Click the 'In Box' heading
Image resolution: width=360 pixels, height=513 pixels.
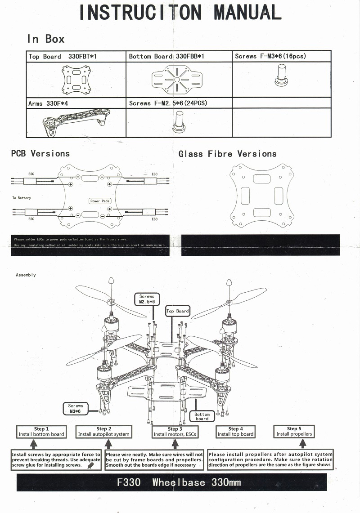click(x=45, y=39)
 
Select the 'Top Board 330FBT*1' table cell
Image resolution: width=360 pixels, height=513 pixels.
click(x=76, y=57)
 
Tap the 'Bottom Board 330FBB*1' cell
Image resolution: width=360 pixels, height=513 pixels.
click(x=179, y=57)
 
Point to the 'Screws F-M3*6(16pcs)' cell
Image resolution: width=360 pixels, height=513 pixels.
click(x=281, y=57)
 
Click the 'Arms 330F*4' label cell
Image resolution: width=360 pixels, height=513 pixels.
click(x=76, y=103)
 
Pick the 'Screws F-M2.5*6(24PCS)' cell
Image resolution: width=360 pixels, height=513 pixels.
click(x=179, y=103)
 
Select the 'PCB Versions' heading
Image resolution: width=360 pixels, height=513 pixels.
click(x=40, y=154)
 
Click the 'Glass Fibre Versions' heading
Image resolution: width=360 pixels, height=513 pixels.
click(x=228, y=154)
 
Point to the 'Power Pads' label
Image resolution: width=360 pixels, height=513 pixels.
click(x=100, y=201)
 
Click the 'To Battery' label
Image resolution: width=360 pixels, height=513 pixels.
click(x=22, y=198)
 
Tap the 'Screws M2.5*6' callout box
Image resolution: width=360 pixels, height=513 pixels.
click(x=147, y=299)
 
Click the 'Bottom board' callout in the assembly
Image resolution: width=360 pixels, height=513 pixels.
click(x=202, y=416)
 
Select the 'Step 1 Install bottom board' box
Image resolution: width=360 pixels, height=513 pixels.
click(x=41, y=432)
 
